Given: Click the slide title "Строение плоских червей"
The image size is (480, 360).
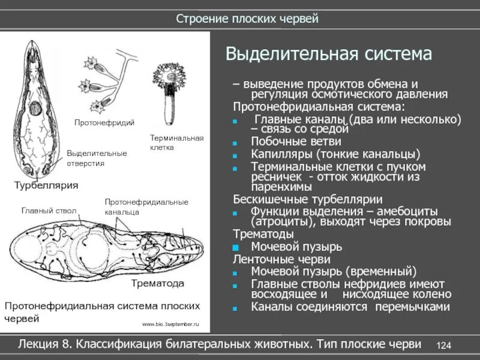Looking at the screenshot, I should (247, 18).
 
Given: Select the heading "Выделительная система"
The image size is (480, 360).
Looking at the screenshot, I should (328, 55).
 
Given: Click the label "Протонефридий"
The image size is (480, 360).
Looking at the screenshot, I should (104, 123).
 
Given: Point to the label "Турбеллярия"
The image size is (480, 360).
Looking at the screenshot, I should (46, 185).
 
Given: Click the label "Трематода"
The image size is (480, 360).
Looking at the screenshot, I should (158, 283).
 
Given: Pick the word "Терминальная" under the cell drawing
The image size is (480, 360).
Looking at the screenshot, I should (177, 138).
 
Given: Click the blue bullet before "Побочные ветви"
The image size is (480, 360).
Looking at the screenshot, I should (236, 143).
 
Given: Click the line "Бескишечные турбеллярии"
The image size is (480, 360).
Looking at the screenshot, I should (307, 199).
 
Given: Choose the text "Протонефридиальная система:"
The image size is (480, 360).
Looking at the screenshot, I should (319, 107).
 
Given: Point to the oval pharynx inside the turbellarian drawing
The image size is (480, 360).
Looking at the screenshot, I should (35, 109).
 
